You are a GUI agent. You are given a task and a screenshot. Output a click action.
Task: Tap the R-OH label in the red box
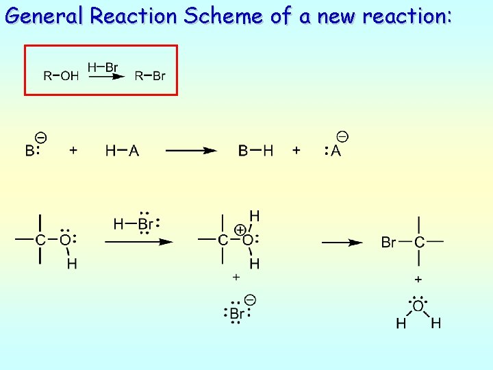[x=61, y=76]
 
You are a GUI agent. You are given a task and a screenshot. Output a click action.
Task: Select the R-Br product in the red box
[x=150, y=76]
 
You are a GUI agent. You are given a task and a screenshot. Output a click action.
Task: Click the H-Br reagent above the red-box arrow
[x=103, y=67]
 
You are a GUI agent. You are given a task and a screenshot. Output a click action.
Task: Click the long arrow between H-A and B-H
[x=192, y=151]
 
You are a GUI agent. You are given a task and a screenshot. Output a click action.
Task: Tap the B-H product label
[x=255, y=151]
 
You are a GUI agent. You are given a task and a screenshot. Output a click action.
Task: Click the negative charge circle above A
[x=342, y=137]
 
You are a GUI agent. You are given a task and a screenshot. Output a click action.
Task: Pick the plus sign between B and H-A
[x=73, y=150]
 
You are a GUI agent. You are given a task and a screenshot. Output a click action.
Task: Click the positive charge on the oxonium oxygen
[x=241, y=229]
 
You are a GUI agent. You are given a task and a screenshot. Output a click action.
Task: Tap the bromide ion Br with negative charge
[x=237, y=313]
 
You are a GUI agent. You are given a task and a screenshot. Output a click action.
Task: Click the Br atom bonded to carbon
[x=388, y=242]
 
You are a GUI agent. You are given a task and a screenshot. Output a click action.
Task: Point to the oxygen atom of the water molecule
[x=418, y=306]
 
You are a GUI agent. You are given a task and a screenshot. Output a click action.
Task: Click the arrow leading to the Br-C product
[x=342, y=242]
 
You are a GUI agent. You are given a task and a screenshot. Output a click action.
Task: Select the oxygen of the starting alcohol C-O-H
[x=65, y=240]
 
